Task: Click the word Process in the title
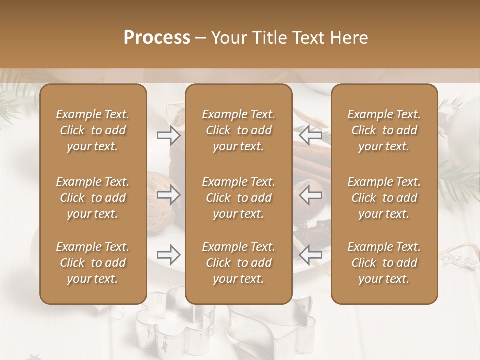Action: [157, 38]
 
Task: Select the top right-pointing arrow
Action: [168, 135]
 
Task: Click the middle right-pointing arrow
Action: [168, 195]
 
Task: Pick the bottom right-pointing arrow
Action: [168, 255]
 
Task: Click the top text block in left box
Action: [93, 130]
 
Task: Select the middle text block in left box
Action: [93, 198]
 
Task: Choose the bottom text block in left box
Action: [93, 263]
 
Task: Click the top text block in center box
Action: [239, 130]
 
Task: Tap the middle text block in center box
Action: [239, 198]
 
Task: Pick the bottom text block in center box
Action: [239, 263]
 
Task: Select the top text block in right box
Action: [384, 130]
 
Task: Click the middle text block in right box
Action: [384, 198]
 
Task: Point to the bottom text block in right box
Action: [384, 263]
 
